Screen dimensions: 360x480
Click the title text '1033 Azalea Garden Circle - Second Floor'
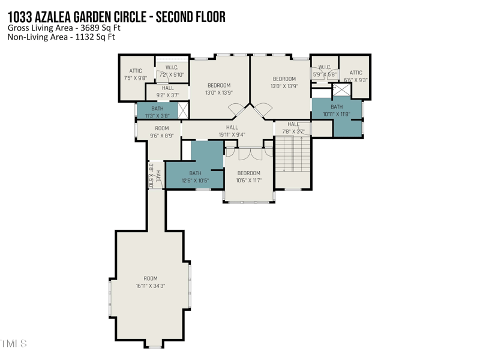click(116, 17)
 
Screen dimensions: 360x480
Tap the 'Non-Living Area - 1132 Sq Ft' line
click(61, 37)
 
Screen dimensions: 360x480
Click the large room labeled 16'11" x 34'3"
click(150, 282)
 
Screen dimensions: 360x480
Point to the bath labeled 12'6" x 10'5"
click(195, 176)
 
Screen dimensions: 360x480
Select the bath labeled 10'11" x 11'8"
click(336, 111)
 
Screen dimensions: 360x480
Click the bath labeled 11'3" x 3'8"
click(157, 111)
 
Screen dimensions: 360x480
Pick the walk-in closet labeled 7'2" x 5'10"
click(172, 71)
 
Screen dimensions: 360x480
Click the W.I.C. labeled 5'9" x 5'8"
click(324, 71)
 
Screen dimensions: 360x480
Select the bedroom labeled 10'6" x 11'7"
click(248, 176)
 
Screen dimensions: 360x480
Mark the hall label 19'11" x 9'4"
click(232, 131)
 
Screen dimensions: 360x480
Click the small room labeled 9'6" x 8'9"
click(161, 132)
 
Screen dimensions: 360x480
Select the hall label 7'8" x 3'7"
click(293, 128)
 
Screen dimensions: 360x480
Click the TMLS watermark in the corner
click(13, 344)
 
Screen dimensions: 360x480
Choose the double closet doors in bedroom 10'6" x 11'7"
click(248, 154)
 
